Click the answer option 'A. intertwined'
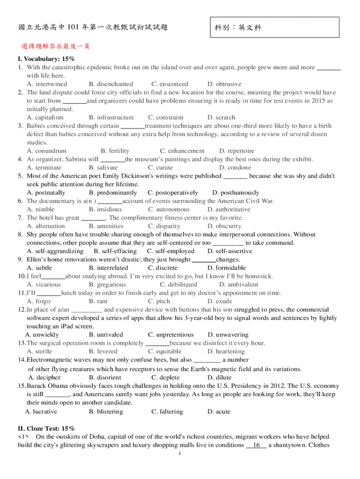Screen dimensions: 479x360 click(x=47, y=84)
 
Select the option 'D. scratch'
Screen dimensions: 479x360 click(x=221, y=117)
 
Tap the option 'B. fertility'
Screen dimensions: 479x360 click(x=115, y=151)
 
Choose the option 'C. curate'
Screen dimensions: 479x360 click(x=160, y=167)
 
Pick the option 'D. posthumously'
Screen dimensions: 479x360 click(x=235, y=193)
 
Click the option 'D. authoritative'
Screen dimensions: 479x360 click(x=229, y=210)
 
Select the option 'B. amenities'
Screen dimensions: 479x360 click(x=106, y=226)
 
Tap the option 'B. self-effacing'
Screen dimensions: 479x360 click(x=115, y=251)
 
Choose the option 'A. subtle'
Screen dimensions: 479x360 click(x=39, y=268)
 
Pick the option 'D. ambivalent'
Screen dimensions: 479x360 click(x=238, y=284)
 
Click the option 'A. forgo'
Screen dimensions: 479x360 click(x=38, y=301)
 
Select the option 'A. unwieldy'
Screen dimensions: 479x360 click(x=42, y=335)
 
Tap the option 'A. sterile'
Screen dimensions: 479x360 click(x=39, y=351)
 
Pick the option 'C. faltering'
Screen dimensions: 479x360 click(x=167, y=412)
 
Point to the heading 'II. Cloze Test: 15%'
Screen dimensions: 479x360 click(x=46, y=428)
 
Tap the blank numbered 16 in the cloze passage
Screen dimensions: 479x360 click(x=256, y=445)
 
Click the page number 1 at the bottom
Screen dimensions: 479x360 click(x=180, y=453)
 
